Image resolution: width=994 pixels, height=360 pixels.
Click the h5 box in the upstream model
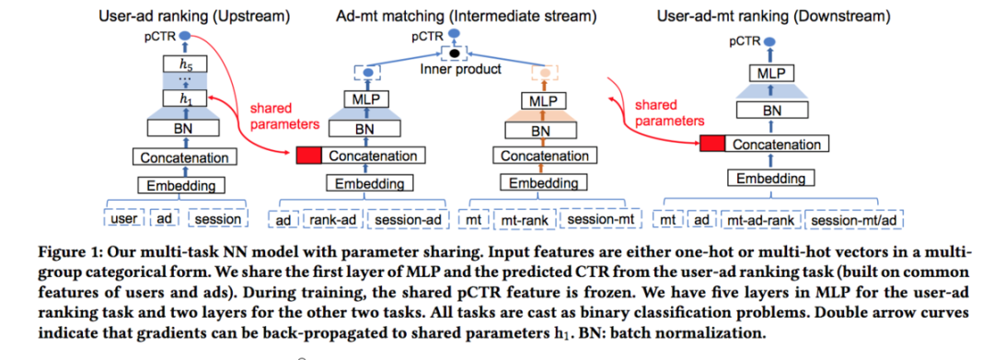[185, 64]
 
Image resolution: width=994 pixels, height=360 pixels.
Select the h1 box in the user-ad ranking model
[185, 99]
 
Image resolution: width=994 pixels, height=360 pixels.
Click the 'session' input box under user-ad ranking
[218, 219]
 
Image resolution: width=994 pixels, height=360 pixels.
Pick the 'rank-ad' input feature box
[333, 219]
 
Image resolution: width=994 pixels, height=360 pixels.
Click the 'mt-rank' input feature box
[526, 219]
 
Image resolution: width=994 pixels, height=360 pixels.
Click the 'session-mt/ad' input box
[854, 220]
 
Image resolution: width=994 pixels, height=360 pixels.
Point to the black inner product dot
[454, 52]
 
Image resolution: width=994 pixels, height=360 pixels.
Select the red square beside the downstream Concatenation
[711, 145]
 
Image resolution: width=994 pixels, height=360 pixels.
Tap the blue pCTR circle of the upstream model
[185, 36]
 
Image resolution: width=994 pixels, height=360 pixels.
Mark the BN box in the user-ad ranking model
[185, 127]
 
